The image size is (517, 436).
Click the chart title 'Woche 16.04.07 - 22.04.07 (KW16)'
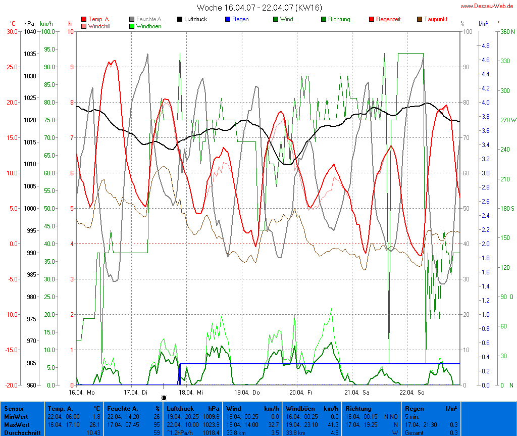[259, 8]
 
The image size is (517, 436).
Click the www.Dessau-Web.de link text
[488, 6]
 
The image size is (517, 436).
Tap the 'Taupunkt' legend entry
[436, 19]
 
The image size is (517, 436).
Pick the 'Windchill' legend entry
[99, 26]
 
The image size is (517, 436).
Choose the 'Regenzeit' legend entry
[388, 19]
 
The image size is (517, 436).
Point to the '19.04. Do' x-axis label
[246, 392]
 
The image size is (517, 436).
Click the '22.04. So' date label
[411, 392]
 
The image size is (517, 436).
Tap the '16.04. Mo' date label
[82, 392]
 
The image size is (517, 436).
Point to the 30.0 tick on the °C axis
[12, 31]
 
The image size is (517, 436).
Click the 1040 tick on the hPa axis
[29, 31]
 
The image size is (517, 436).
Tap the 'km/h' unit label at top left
[46, 24]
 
